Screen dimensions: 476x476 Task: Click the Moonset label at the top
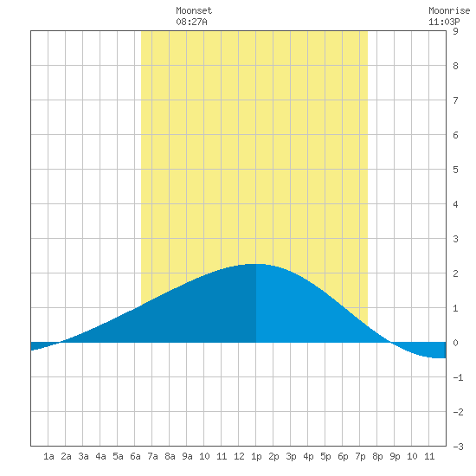[x=194, y=10]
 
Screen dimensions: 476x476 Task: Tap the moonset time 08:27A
[x=191, y=22]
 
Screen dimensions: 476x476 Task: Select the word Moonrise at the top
[x=449, y=10]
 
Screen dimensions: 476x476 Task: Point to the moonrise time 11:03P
[x=444, y=22]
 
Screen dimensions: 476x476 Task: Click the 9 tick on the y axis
[x=455, y=31]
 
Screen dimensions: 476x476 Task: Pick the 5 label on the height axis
[x=455, y=170]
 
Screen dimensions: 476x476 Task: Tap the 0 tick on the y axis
[x=455, y=343]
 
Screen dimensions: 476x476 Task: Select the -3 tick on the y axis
[x=458, y=447]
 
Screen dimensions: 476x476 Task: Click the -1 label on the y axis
[x=458, y=377]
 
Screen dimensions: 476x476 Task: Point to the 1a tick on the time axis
[x=48, y=456]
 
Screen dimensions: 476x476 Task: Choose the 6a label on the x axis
[x=135, y=456]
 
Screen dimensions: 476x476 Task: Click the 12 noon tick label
[x=239, y=456]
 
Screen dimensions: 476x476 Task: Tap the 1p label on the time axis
[x=256, y=456]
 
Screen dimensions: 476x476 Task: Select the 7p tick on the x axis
[x=360, y=456]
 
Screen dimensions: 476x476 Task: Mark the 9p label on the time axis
[x=395, y=456]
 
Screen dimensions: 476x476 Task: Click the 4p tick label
[x=308, y=456]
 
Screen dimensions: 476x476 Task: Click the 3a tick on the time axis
[x=83, y=456]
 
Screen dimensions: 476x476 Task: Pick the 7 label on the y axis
[x=455, y=100]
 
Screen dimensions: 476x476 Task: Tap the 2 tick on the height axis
[x=455, y=273]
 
